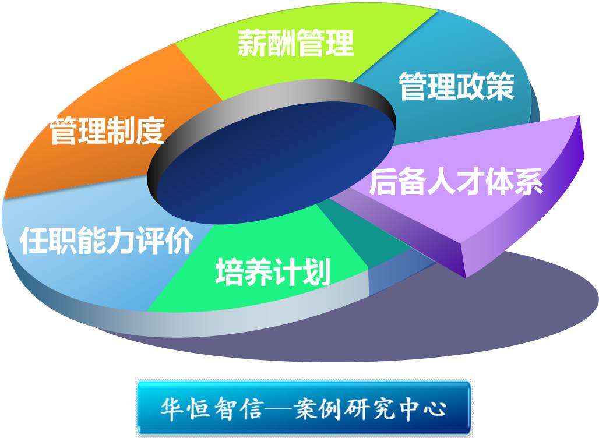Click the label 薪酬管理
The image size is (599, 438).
[x=295, y=43]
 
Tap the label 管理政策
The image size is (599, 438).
[x=456, y=87]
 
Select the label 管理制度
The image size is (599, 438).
[x=107, y=131]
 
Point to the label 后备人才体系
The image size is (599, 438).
[x=456, y=182]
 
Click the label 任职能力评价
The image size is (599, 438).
[x=106, y=240]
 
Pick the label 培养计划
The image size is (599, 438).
[x=273, y=271]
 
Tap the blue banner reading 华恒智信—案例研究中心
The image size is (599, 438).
[x=304, y=408]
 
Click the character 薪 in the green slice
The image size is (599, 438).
[x=252, y=43]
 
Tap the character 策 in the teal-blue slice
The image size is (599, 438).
[x=501, y=87]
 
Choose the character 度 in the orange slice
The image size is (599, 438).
[x=151, y=131]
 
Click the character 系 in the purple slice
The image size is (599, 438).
[x=529, y=182]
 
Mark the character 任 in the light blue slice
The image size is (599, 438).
[x=34, y=240]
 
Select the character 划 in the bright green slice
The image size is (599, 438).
[x=316, y=271]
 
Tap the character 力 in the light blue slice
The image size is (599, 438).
[x=121, y=240]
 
